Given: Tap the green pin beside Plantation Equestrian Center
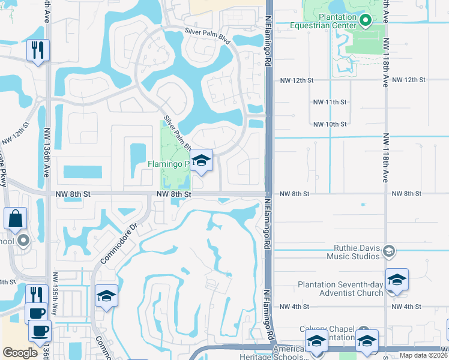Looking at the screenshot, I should click(366, 21).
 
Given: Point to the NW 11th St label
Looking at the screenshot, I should click(330, 103).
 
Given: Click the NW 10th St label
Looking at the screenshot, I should click(330, 124).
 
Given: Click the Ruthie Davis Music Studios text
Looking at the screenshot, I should click(354, 252).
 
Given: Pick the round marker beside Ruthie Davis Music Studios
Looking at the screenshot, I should click(389, 250).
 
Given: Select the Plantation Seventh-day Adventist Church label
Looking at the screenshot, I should click(340, 289).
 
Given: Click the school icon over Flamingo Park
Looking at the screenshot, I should click(202, 160).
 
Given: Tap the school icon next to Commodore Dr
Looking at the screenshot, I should click(106, 296).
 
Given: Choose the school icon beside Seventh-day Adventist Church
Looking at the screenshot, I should click(397, 280).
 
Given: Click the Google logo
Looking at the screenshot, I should click(20, 353).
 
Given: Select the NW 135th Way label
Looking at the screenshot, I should click(55, 287).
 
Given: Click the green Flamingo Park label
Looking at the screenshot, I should click(168, 164).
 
